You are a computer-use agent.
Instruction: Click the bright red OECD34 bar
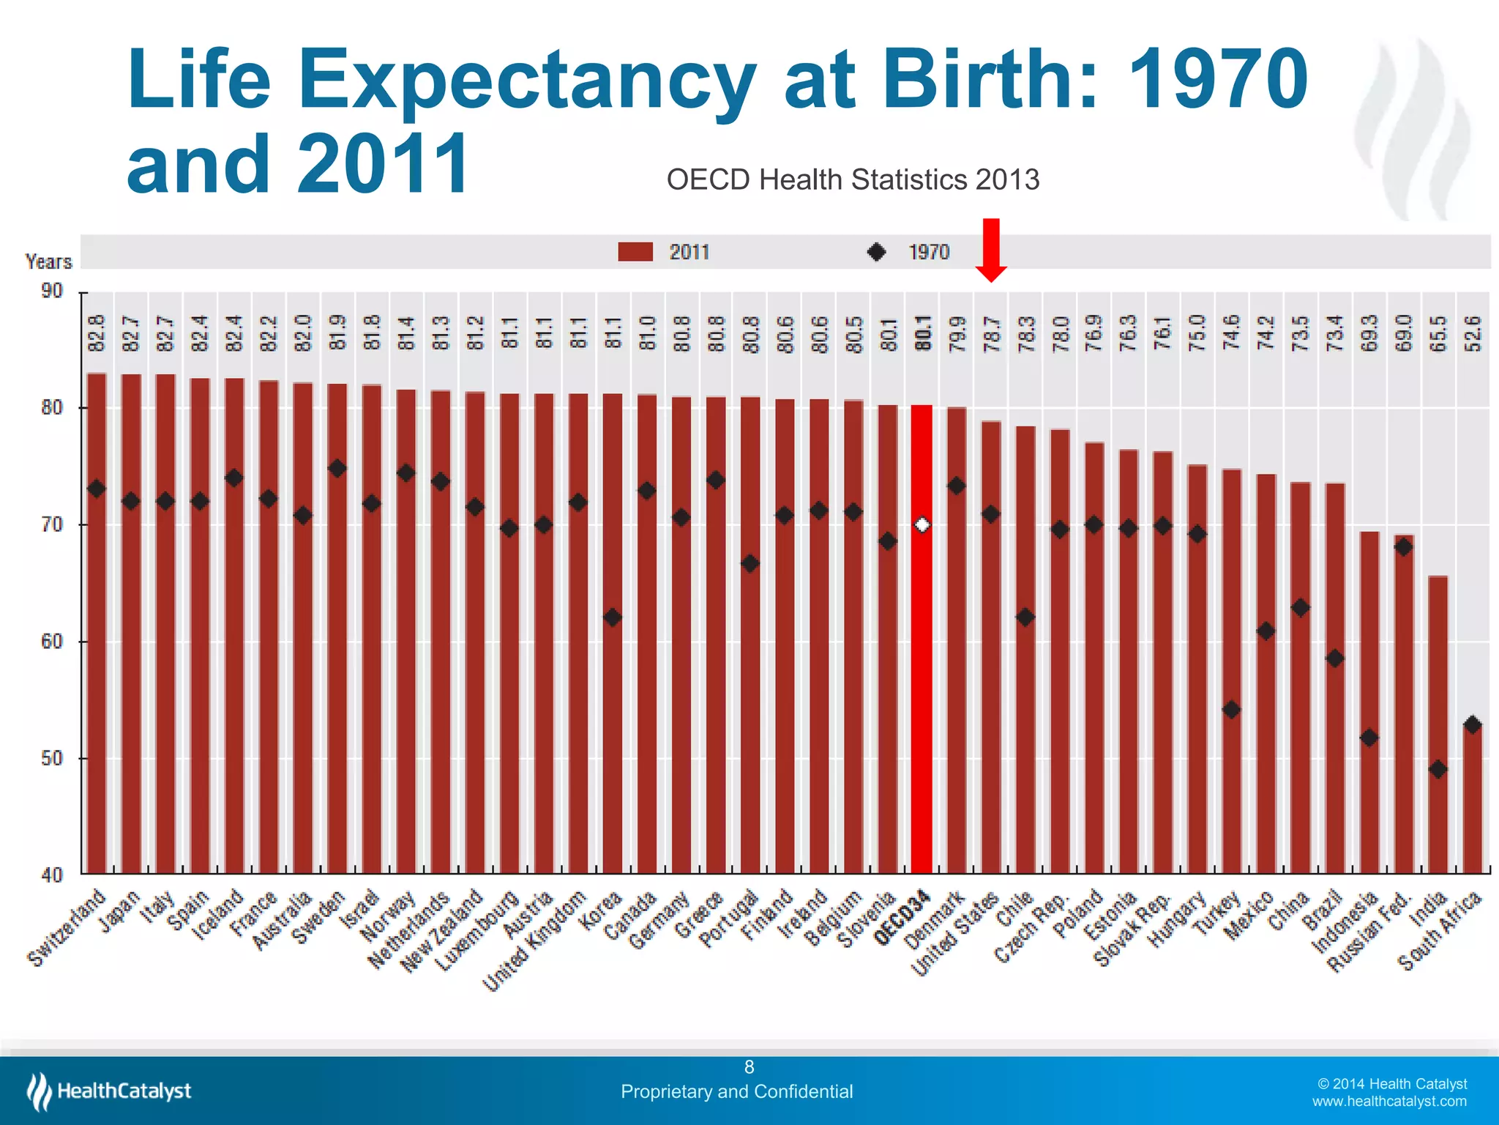click(922, 659)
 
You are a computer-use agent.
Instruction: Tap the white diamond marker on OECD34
click(922, 525)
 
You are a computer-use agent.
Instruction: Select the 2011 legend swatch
click(635, 252)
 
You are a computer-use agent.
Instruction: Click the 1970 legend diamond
click(876, 252)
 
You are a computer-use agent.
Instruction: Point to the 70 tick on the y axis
click(52, 525)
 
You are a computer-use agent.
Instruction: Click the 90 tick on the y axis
click(52, 292)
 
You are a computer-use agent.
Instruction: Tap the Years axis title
click(49, 261)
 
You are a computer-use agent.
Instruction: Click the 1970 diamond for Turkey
click(1231, 710)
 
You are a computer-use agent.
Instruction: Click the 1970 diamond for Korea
click(613, 617)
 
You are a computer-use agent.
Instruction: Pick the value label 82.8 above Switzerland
click(97, 333)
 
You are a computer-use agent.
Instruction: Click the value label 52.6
click(1472, 333)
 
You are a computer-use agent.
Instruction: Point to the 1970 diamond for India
click(1438, 769)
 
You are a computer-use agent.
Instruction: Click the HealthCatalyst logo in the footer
click(110, 1091)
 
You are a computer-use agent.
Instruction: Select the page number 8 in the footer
click(749, 1067)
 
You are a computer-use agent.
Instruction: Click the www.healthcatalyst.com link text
click(1388, 1102)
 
